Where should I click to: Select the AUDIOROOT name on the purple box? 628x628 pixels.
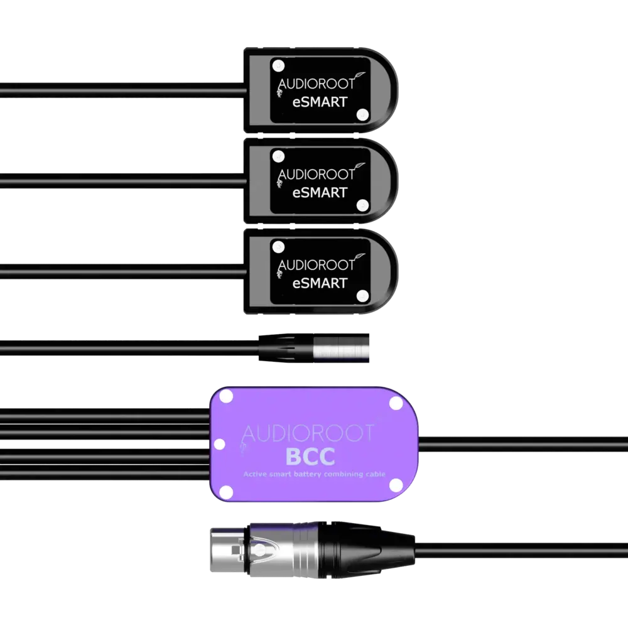[308, 433]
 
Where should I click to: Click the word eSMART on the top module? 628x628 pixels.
[320, 102]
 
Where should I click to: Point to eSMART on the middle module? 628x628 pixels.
[320, 193]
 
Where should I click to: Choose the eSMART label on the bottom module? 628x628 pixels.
[320, 283]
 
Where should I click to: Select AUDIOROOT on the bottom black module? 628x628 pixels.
[316, 265]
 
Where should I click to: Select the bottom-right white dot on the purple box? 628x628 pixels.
[396, 485]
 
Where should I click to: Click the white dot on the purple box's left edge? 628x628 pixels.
[219, 445]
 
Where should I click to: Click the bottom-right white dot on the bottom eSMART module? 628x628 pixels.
[362, 295]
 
